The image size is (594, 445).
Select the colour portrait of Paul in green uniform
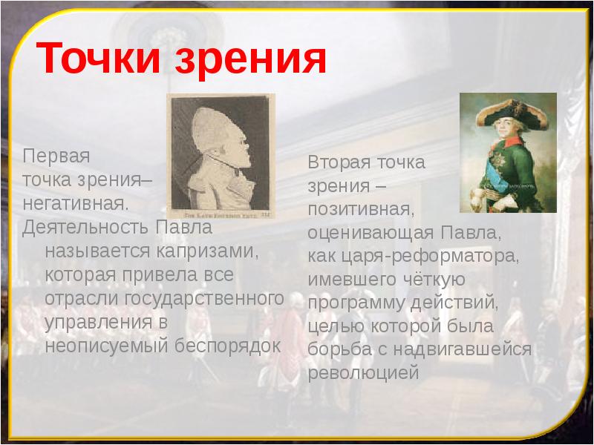(x=508, y=152)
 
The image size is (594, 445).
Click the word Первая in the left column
(x=56, y=157)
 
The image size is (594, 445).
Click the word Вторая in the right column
(x=339, y=163)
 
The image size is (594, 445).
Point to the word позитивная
(x=362, y=211)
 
